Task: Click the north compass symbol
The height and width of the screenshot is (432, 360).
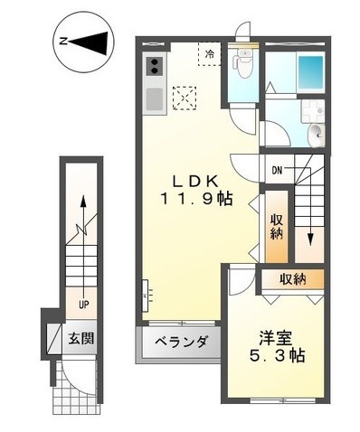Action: [x=83, y=41]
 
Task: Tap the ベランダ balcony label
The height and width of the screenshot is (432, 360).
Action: [x=180, y=343]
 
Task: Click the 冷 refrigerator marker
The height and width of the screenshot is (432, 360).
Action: [x=209, y=54]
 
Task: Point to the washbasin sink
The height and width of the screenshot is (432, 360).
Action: [x=313, y=136]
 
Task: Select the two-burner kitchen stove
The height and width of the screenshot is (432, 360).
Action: [x=153, y=67]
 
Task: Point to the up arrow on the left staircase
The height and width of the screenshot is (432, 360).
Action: [x=82, y=210]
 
